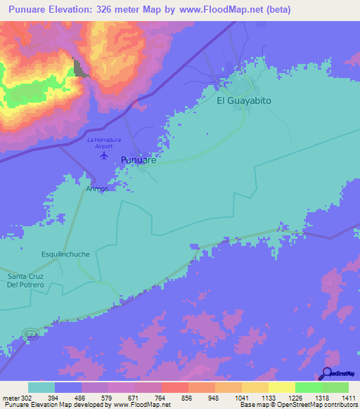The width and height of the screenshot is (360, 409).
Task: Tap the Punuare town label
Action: point(138,160)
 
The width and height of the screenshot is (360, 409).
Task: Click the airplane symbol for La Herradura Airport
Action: point(105,155)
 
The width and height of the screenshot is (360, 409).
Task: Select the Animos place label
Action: point(98,189)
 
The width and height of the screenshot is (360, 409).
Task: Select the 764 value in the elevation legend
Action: point(149,397)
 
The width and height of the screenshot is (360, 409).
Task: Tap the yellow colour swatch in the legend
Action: point(281,387)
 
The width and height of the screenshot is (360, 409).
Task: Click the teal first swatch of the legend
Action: point(41,387)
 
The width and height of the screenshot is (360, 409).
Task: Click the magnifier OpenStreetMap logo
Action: point(326,373)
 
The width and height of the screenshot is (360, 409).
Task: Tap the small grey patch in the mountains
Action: point(79,68)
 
